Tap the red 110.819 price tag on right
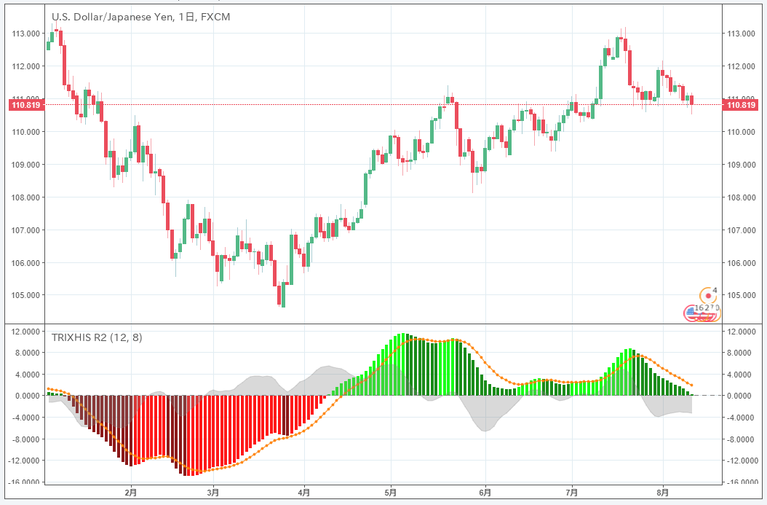coord(741,105)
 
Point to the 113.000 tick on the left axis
coord(25,34)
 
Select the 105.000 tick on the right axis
coord(742,295)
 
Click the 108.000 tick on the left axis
coord(25,197)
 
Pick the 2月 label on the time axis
coord(131,493)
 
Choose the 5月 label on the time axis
coord(391,493)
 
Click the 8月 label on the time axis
coord(661,493)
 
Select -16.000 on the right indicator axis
coord(743,482)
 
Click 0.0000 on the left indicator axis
coord(25,396)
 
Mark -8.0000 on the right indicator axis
coord(743,439)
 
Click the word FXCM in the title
coord(215,17)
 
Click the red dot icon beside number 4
coord(708,296)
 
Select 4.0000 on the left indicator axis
coord(25,375)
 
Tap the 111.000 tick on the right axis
coord(742,98)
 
